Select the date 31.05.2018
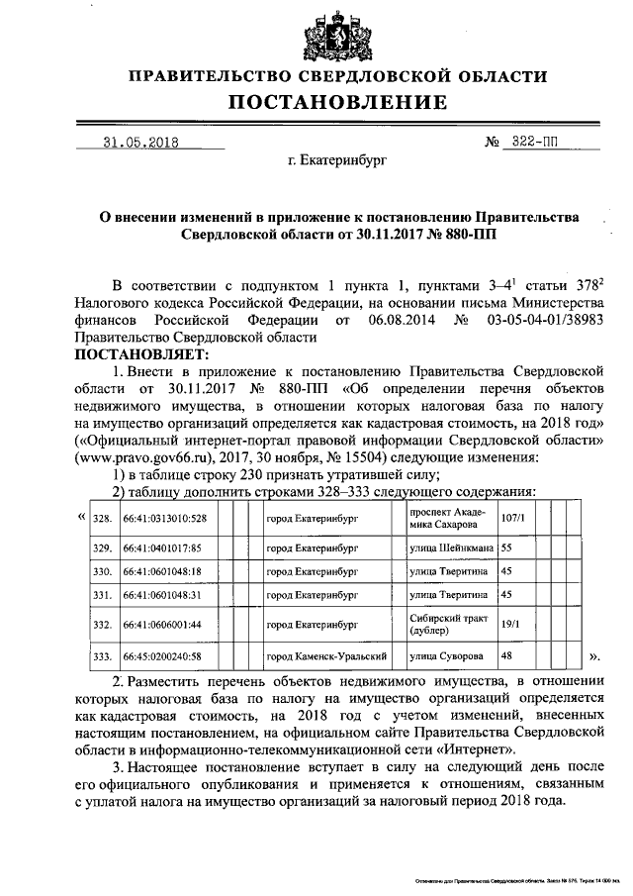pyautogui.click(x=139, y=141)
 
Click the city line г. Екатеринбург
pyautogui.click(x=335, y=158)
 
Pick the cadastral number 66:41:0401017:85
pyautogui.click(x=162, y=547)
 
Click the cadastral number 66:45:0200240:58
pyautogui.click(x=162, y=656)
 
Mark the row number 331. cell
pyautogui.click(x=102, y=595)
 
